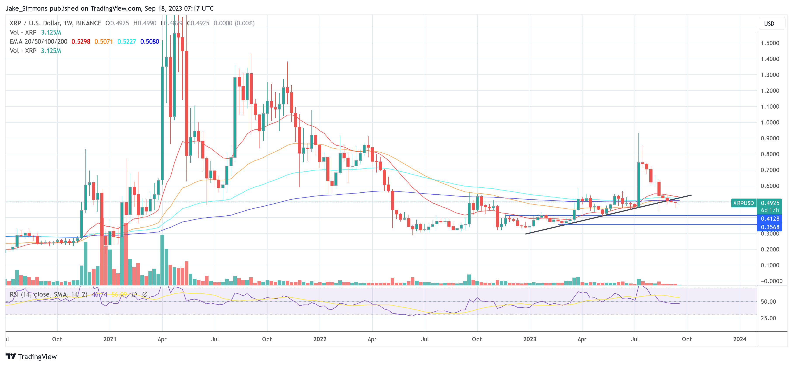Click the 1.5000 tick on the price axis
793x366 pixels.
(770, 43)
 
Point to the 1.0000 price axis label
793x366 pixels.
(770, 122)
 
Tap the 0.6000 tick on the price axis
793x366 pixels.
(770, 186)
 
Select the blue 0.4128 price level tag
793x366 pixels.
(770, 219)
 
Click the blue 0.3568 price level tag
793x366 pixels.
(770, 227)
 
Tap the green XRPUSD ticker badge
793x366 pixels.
(743, 203)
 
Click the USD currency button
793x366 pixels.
(769, 24)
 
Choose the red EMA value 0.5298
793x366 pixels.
(81, 42)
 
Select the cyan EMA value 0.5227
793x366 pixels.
(127, 42)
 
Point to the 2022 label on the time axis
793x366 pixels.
(320, 339)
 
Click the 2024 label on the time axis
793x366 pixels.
(739, 339)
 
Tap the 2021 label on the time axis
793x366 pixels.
(110, 339)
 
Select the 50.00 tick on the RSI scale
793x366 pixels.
(768, 302)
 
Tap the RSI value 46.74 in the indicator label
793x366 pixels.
(99, 294)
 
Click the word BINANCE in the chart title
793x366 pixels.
(89, 23)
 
